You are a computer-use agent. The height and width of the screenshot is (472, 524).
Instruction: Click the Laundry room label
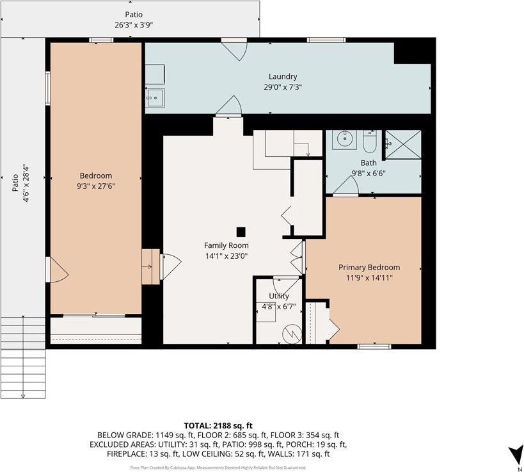point(283,77)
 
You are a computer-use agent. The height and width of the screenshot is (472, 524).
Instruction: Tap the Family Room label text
point(226,245)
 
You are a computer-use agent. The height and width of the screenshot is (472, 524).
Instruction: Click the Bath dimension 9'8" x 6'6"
point(368,173)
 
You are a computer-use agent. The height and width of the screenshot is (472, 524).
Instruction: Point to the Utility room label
point(278,297)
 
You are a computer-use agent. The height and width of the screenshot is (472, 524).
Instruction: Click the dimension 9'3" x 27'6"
point(95,186)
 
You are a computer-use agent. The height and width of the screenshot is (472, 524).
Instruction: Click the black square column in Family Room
point(241,232)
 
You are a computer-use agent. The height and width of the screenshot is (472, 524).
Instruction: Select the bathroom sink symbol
point(345,138)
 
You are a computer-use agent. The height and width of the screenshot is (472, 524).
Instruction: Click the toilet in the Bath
point(370,139)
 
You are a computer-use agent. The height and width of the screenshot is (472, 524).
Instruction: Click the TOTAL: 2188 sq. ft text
point(218,425)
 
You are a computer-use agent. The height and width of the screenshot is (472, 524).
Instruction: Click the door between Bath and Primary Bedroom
point(345,186)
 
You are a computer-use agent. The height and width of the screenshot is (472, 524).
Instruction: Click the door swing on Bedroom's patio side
point(58,270)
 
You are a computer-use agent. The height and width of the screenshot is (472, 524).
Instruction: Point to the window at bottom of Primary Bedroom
point(374,346)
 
